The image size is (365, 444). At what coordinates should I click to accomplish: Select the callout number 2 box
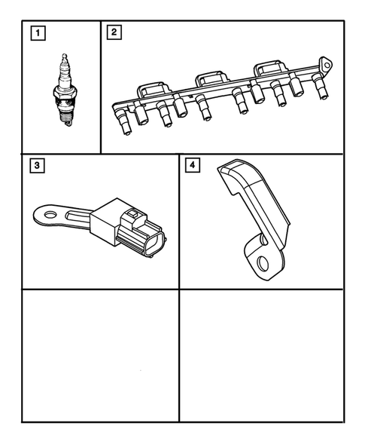(114, 32)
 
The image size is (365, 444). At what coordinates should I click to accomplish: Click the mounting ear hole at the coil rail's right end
(325, 63)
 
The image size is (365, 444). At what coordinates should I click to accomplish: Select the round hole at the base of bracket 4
(263, 263)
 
